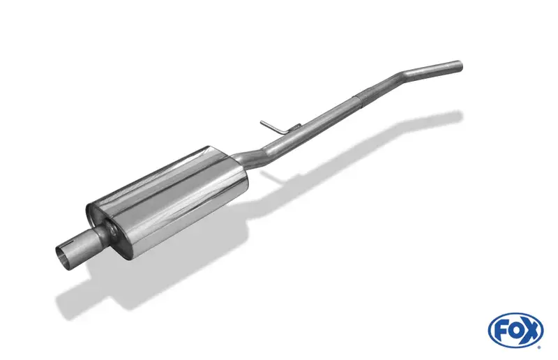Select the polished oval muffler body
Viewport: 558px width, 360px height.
pos(167,200)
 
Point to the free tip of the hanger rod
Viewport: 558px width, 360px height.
pos(262,122)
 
